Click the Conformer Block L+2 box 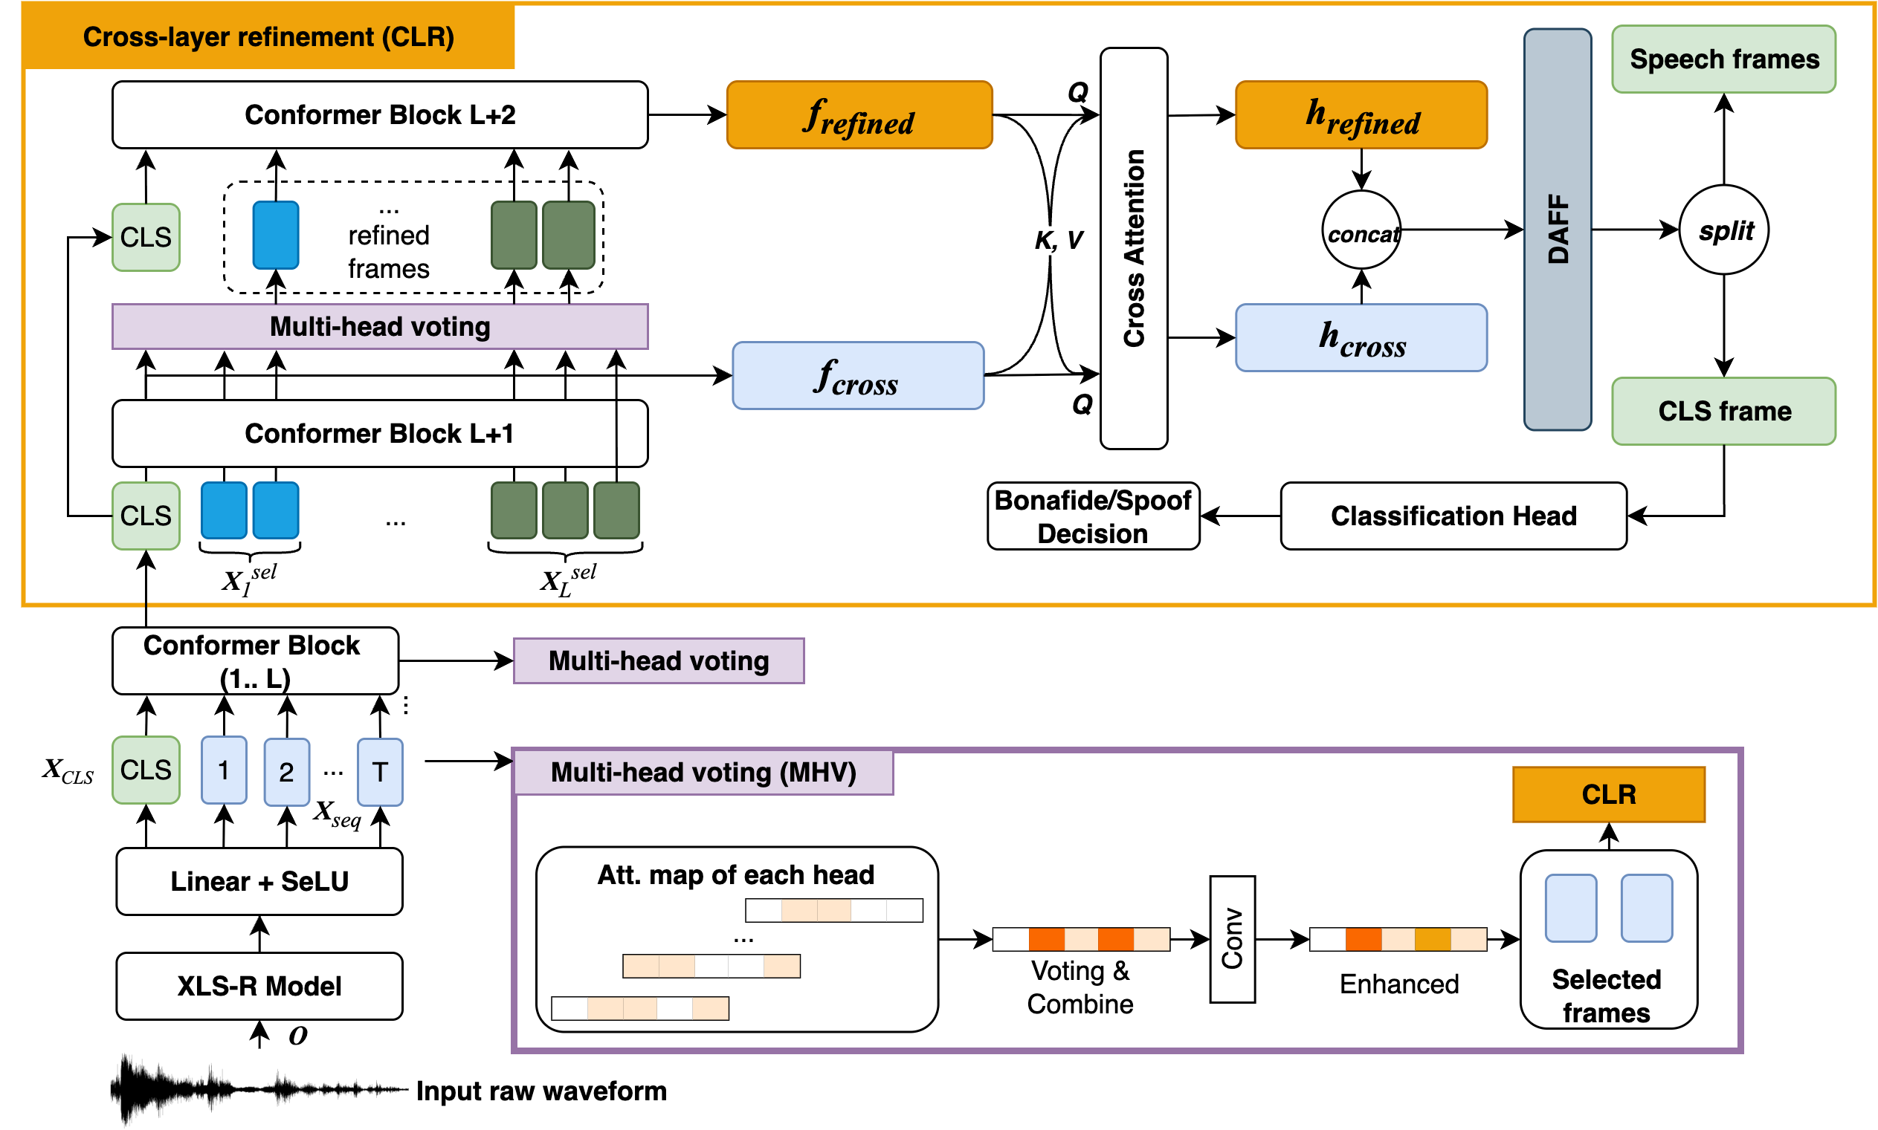(379, 114)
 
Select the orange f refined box (859, 115)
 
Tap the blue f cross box (857, 375)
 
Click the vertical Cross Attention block (1133, 248)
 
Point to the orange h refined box (1360, 115)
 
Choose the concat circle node (1361, 230)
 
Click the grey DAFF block (1557, 230)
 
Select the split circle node (1723, 230)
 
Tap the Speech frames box (1723, 59)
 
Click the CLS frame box (1723, 411)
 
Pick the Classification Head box (1453, 516)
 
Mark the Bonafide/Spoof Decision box (1092, 516)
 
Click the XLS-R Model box (259, 985)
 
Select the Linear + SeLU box (259, 881)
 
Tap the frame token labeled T (379, 771)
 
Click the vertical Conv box (1232, 939)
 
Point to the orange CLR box (1607, 794)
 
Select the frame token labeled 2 (285, 771)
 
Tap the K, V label (1057, 241)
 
